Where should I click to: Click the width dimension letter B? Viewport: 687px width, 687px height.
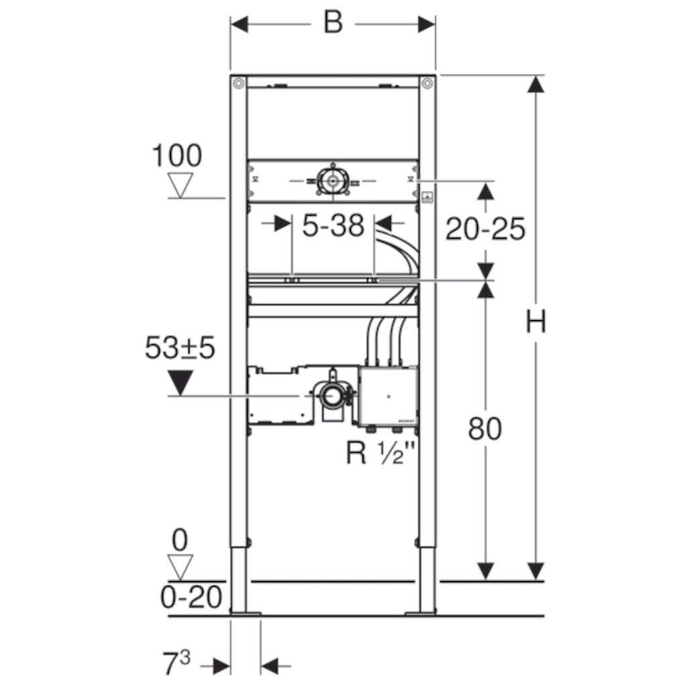click(333, 22)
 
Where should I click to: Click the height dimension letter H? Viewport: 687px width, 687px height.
click(536, 321)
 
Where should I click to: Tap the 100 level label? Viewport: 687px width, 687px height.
click(176, 156)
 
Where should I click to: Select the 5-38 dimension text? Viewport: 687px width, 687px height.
click(333, 225)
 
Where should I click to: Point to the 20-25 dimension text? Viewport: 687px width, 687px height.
click(485, 229)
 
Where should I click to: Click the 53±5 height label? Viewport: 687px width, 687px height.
click(180, 348)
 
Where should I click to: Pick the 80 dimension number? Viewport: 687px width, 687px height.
click(484, 429)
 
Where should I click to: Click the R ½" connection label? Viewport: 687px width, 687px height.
click(380, 452)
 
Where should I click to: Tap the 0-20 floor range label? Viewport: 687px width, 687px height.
click(191, 596)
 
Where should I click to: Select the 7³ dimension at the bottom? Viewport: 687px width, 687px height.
click(176, 663)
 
